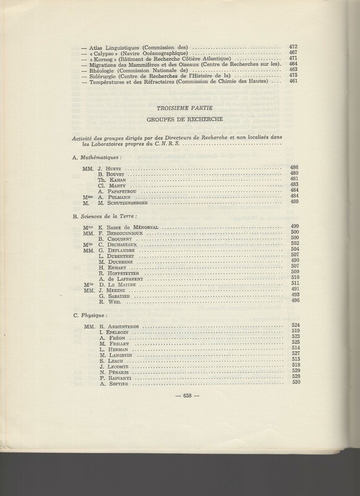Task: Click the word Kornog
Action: [x=102, y=59]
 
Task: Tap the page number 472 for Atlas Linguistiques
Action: [x=294, y=47]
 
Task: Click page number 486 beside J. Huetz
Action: [x=294, y=167]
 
